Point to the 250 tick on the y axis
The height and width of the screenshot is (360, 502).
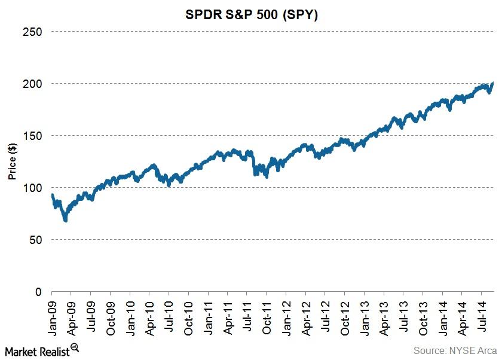(x=33, y=31)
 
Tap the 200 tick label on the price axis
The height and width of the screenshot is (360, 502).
(x=33, y=83)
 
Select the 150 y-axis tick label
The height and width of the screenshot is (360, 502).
(x=33, y=136)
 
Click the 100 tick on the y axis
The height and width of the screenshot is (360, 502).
(x=33, y=188)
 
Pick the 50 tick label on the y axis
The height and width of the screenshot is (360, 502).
(x=36, y=240)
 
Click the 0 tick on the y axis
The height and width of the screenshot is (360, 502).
(x=39, y=292)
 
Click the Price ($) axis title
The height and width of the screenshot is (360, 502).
(x=11, y=161)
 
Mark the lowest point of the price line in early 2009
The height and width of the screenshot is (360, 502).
(x=65, y=220)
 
